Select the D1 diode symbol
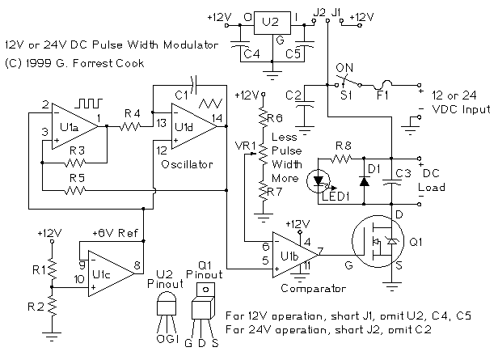click(364, 180)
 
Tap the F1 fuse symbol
click(386, 84)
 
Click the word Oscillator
click(188, 163)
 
